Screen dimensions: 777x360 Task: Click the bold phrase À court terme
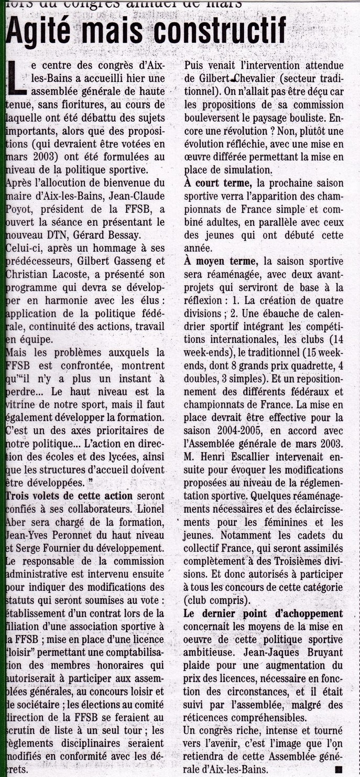click(218, 183)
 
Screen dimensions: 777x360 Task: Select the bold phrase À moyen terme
click(220, 261)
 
